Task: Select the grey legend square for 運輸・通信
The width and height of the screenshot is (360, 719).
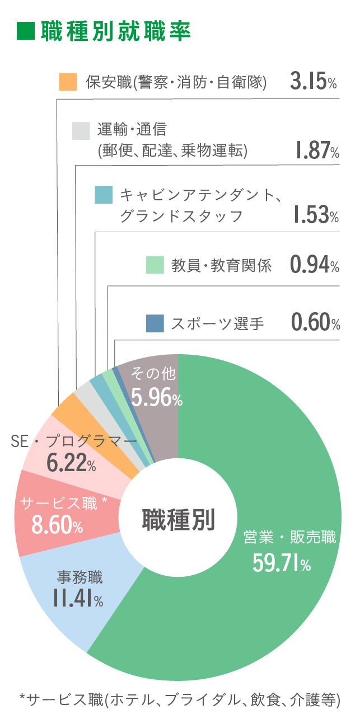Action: tap(81, 130)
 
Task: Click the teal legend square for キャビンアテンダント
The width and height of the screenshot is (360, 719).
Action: tap(104, 195)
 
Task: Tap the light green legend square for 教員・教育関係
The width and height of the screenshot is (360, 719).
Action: tap(155, 265)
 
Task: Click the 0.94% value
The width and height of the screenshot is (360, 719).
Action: tap(315, 265)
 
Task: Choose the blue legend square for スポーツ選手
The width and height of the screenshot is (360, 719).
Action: tap(155, 323)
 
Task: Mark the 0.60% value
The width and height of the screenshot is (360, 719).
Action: tap(315, 323)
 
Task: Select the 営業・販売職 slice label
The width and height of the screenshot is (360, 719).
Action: tap(289, 538)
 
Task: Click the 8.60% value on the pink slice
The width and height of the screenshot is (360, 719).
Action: tap(57, 525)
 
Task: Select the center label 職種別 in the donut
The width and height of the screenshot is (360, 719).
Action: tap(178, 519)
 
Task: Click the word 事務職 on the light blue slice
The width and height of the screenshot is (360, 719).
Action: tap(80, 576)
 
